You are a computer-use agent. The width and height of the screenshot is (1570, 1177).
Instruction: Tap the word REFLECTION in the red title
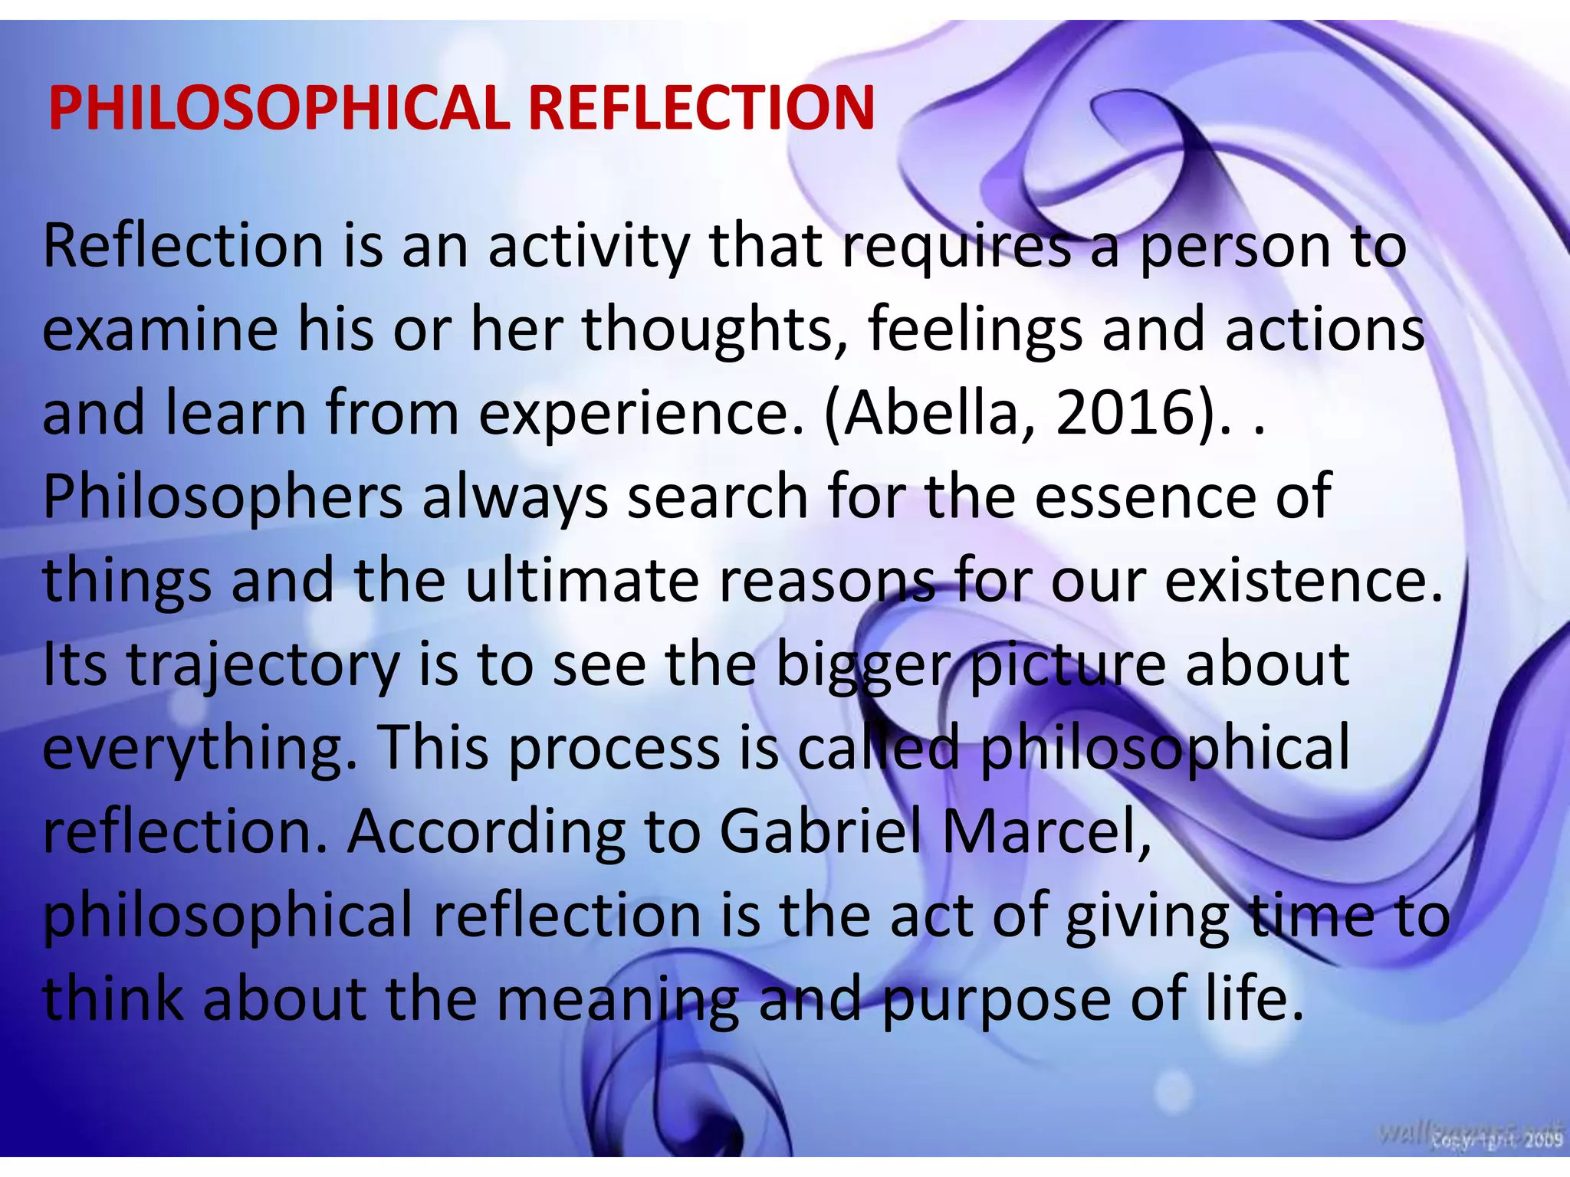click(x=701, y=108)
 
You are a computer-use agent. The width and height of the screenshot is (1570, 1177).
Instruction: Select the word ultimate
click(x=583, y=581)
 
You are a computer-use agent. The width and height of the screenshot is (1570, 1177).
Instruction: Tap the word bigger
click(x=862, y=665)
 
